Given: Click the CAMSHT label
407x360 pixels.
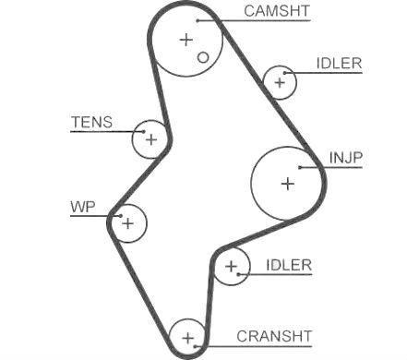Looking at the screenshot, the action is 277,11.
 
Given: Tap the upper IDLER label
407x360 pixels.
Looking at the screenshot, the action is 340,64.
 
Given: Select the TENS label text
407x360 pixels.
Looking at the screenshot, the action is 92,122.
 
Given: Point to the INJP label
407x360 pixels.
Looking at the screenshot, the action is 346,158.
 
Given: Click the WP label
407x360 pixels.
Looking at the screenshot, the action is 83,207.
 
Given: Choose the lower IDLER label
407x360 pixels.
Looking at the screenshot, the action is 289,265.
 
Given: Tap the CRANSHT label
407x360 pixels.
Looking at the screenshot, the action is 274,336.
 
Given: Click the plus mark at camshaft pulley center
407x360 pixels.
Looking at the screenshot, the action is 186,40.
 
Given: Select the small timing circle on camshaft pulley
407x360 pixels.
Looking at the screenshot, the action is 203,57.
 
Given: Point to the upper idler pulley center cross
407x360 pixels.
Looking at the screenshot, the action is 280,82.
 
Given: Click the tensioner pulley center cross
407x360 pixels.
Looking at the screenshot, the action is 151,139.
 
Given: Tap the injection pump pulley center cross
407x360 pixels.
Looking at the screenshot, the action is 288,184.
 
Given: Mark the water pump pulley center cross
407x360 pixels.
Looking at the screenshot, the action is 127,223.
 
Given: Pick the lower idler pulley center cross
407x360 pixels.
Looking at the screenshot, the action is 231,267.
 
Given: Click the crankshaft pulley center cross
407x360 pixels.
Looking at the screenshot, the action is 187,339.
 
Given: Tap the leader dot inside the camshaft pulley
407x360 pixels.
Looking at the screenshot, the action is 198,20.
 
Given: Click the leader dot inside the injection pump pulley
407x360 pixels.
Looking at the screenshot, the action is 299,167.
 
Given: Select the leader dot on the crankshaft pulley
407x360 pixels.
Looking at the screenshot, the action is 195,346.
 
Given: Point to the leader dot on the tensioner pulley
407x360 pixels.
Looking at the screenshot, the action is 144,132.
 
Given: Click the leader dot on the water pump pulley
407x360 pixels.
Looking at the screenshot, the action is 121,216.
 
